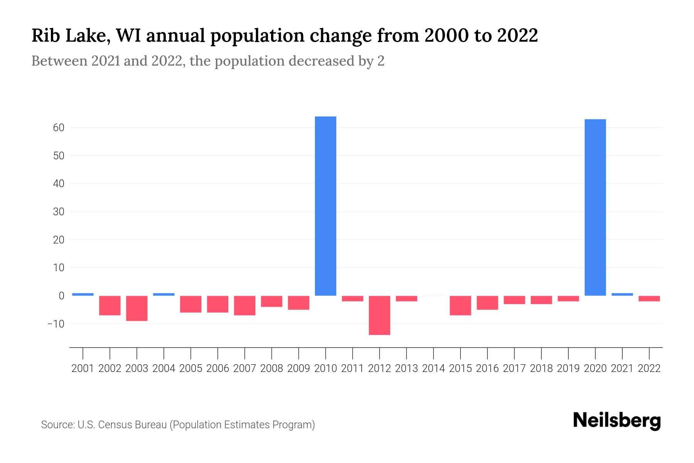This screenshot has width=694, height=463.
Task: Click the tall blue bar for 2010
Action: pyautogui.click(x=325, y=206)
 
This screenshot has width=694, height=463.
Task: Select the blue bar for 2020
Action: pyautogui.click(x=595, y=207)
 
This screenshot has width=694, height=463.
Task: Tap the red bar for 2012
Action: pyautogui.click(x=379, y=315)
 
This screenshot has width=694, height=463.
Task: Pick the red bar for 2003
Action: pyautogui.click(x=137, y=308)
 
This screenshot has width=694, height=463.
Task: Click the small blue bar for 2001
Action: pyautogui.click(x=83, y=294)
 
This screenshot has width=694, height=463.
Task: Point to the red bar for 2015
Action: pyautogui.click(x=460, y=306)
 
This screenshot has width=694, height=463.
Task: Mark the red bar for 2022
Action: pyautogui.click(x=649, y=299)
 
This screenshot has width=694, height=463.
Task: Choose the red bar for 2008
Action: pyautogui.click(x=271, y=301)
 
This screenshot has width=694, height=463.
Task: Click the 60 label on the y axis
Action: pyautogui.click(x=58, y=128)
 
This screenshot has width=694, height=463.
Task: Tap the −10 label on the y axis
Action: pyautogui.click(x=56, y=324)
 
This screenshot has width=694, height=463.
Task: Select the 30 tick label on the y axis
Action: pyautogui.click(x=58, y=212)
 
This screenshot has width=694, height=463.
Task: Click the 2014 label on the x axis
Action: pyautogui.click(x=433, y=368)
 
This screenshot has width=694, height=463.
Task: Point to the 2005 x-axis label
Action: pyautogui.click(x=191, y=368)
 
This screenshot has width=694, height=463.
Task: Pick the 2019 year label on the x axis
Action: pyautogui.click(x=568, y=368)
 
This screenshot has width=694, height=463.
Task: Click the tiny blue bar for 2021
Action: pyautogui.click(x=622, y=294)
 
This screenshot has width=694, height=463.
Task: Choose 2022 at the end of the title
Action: pyautogui.click(x=517, y=36)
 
